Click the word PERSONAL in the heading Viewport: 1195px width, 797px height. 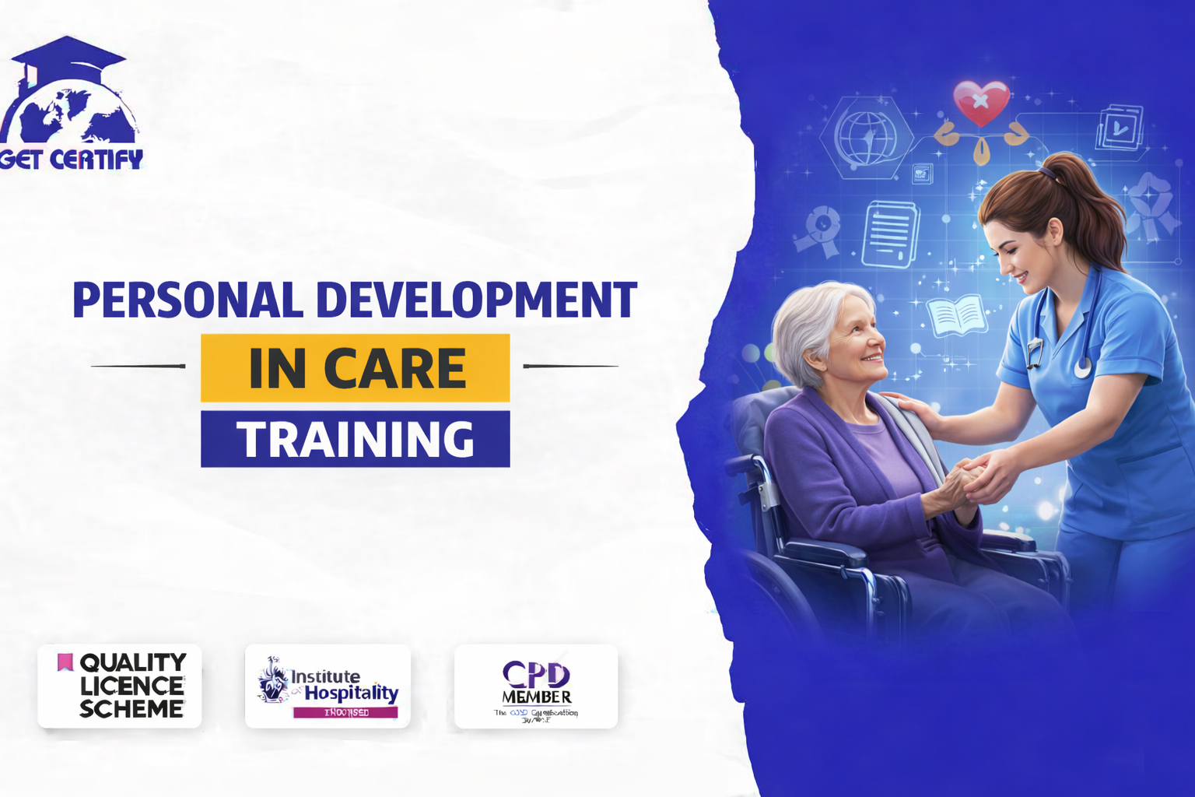tap(187, 300)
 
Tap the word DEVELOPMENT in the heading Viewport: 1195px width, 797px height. tap(477, 300)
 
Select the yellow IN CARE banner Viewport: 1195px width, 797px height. tap(356, 368)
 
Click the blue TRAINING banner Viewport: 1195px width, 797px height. tap(356, 439)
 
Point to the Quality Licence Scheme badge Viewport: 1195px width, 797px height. tap(120, 686)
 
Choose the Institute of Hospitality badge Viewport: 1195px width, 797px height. tap(328, 686)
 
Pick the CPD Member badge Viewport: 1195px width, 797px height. tap(536, 686)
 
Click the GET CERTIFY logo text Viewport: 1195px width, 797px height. tap(72, 160)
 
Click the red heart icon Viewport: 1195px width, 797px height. tap(981, 101)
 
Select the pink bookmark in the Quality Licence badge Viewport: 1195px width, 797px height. tap(65, 662)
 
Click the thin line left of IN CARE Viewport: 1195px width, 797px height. tap(138, 366)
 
